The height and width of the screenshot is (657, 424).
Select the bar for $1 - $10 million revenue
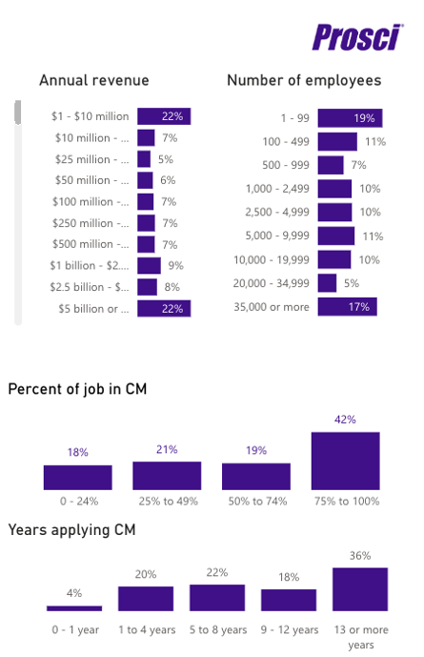164,116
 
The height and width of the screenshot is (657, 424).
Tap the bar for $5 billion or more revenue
164,309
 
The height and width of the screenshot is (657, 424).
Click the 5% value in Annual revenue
166,159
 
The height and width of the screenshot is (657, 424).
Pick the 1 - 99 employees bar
350,118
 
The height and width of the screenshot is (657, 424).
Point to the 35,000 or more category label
272,307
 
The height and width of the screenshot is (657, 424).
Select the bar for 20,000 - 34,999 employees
327,283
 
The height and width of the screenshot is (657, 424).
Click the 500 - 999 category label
286,165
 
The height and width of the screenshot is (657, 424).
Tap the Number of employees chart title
304,80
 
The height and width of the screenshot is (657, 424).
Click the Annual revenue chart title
94,80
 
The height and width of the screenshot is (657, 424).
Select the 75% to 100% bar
346,461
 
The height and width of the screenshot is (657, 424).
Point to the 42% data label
345,420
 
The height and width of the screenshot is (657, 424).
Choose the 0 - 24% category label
79,502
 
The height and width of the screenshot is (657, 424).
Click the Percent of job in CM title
77,389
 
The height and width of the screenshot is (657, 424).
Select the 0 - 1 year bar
74,608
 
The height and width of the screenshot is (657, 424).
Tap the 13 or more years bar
360,589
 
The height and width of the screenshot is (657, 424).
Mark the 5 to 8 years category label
218,629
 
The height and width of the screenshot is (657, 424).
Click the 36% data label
360,556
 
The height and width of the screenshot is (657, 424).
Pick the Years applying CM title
72,530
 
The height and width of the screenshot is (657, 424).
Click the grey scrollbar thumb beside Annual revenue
17,113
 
